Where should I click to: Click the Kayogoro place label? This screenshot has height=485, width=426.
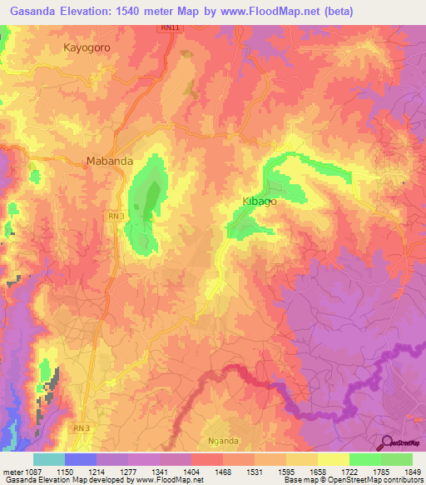(87, 47)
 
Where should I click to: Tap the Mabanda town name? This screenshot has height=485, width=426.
(110, 162)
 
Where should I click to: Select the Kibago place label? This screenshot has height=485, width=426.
(259, 202)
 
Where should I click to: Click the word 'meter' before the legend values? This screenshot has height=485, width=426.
(12, 472)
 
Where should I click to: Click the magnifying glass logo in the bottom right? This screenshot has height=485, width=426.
(385, 442)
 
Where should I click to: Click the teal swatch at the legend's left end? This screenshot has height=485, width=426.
(48, 459)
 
